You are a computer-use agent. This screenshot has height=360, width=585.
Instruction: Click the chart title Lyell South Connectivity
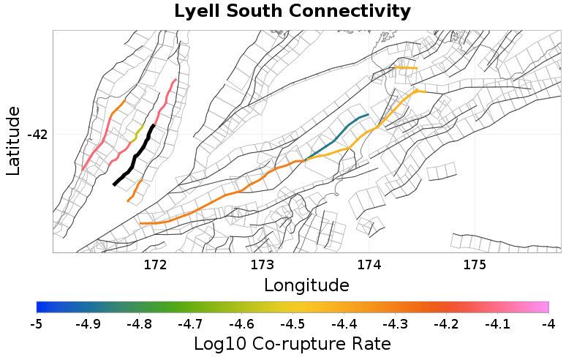pyautogui.click(x=292, y=12)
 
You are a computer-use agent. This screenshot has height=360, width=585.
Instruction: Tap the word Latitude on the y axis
pyautogui.click(x=13, y=140)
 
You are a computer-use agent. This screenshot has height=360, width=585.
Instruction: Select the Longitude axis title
pyautogui.click(x=306, y=284)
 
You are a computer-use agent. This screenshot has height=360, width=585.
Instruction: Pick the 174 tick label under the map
pyautogui.click(x=369, y=263)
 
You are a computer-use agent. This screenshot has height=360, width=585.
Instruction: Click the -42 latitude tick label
pyautogui.click(x=37, y=135)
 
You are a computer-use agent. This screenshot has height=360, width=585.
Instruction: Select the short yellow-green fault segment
pyautogui.click(x=137, y=133)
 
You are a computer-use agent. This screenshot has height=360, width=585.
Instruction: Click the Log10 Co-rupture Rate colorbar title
pyautogui.click(x=292, y=343)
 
